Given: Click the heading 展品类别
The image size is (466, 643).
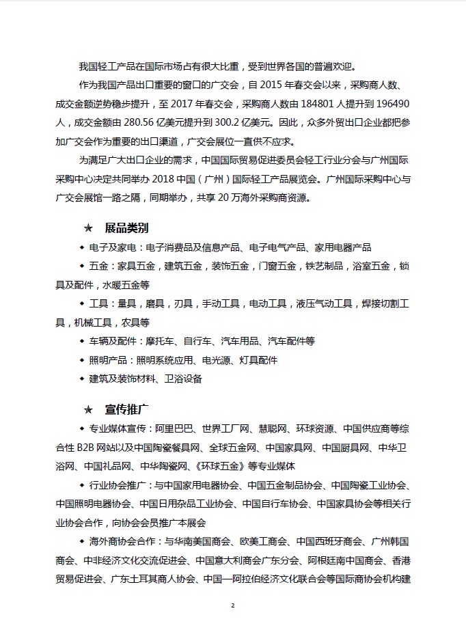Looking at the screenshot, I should click(x=126, y=227).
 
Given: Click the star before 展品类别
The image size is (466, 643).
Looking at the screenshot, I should click(x=87, y=227).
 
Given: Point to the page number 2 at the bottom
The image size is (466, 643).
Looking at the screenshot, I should click(x=233, y=605).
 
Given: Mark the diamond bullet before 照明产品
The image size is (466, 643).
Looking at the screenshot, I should click(x=83, y=359).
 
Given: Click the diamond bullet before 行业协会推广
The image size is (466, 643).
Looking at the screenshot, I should click(x=83, y=485).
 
